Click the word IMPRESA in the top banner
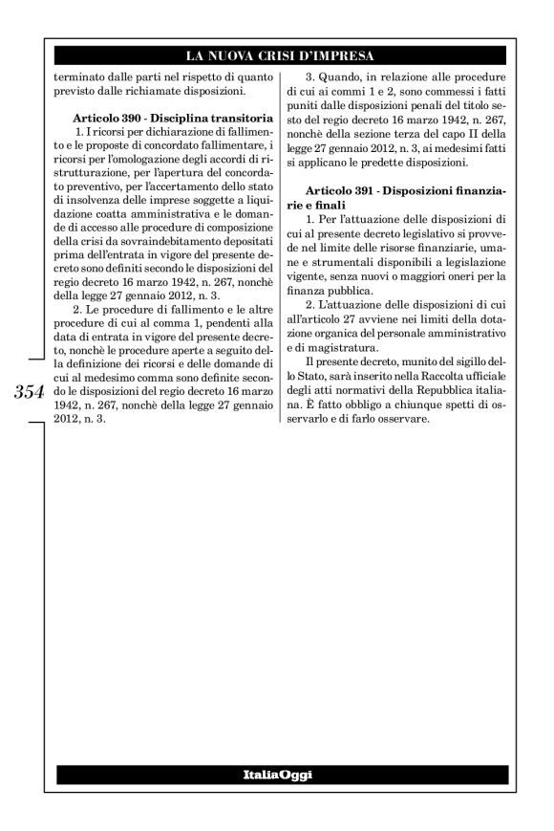pyautogui.click(x=343, y=55)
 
